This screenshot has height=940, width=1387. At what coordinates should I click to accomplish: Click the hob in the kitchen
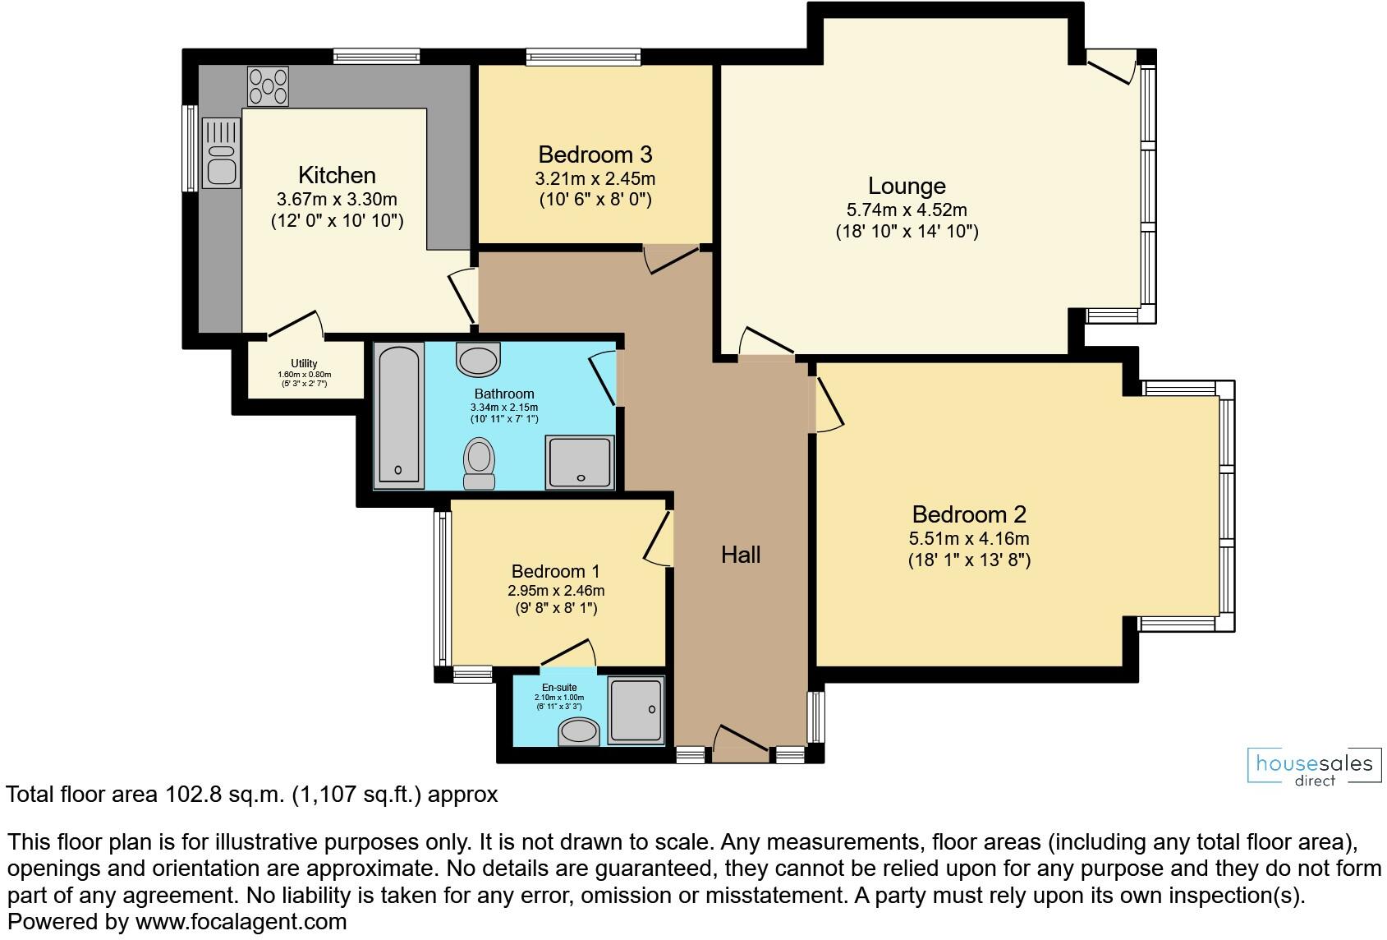(269, 86)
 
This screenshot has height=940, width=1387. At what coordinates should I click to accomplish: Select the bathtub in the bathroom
(398, 415)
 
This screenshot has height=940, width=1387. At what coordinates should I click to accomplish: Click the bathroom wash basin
(479, 359)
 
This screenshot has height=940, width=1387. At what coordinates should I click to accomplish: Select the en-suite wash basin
(579, 731)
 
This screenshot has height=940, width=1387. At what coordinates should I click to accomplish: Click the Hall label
(741, 555)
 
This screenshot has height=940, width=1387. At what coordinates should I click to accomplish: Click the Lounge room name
(907, 186)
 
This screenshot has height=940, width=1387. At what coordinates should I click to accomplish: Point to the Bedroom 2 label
(969, 514)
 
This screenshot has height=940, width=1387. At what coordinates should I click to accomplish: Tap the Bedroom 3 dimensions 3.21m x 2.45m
(595, 178)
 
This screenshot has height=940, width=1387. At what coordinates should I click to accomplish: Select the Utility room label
(304, 363)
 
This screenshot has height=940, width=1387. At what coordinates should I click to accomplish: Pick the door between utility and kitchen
(294, 324)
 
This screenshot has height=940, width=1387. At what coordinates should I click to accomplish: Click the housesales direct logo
(1314, 767)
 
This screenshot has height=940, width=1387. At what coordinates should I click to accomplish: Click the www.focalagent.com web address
(241, 922)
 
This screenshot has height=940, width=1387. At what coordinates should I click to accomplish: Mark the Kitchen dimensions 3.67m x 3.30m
(337, 199)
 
